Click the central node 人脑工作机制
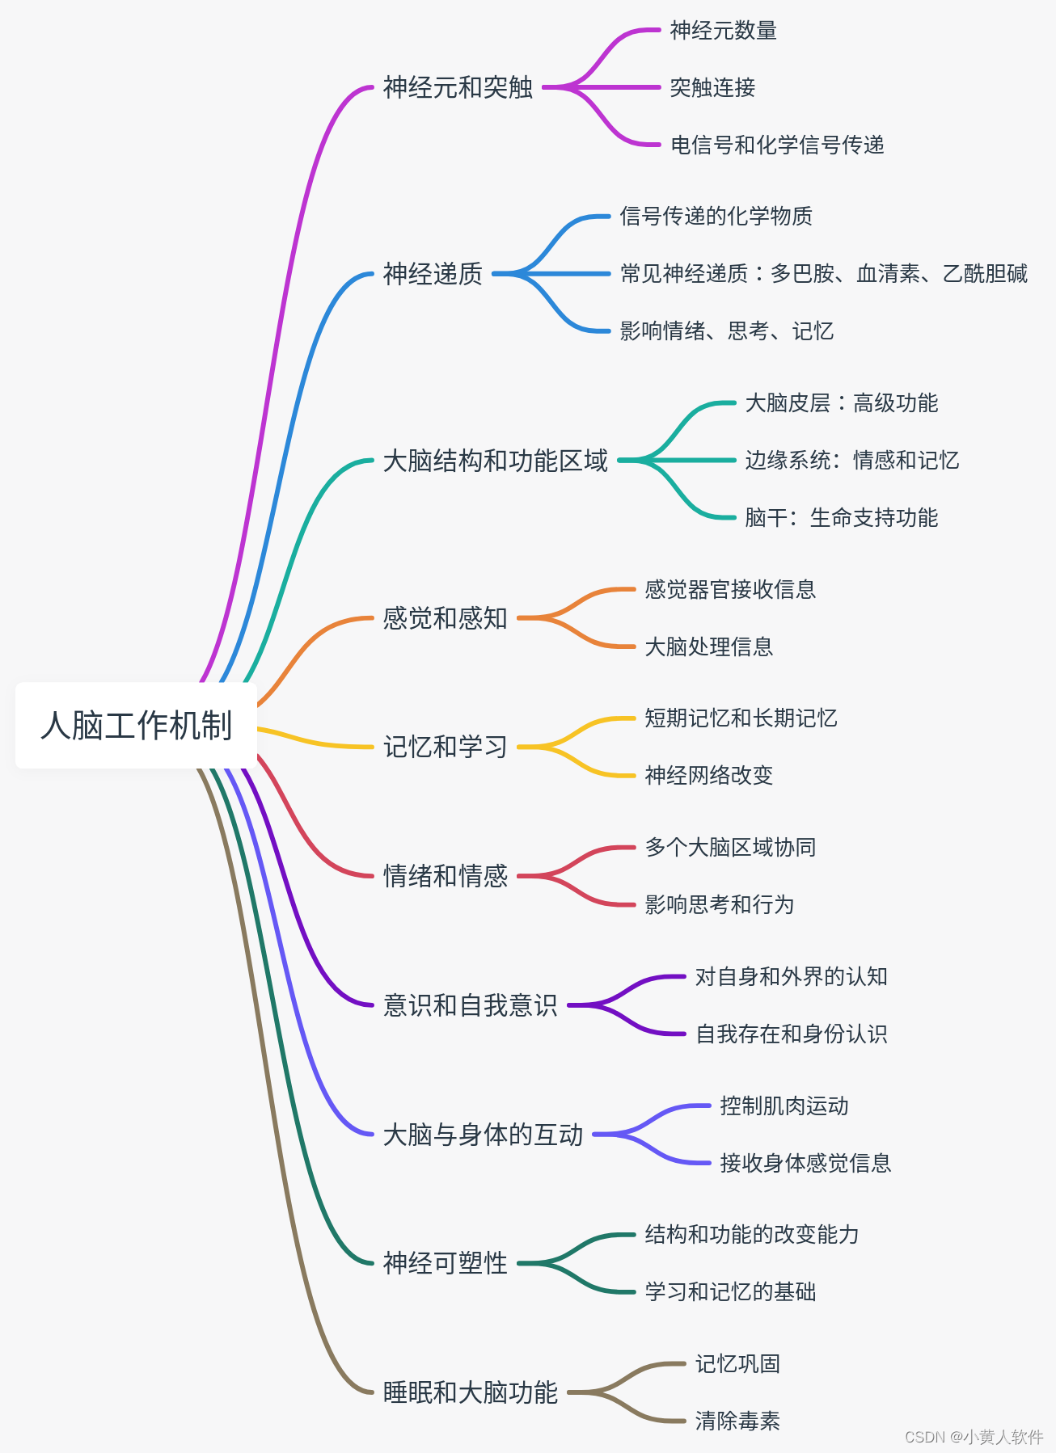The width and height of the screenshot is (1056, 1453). pyautogui.click(x=136, y=725)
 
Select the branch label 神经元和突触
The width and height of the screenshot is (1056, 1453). pyautogui.click(x=458, y=87)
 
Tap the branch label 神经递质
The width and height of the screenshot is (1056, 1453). pyautogui.click(x=433, y=274)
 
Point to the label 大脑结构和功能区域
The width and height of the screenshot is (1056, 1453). pyautogui.click(x=495, y=461)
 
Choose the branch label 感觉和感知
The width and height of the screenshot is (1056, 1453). pyautogui.click(x=445, y=618)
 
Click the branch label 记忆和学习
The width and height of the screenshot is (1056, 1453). pyautogui.click(x=445, y=747)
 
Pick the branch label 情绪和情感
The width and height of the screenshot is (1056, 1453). pyautogui.click(x=445, y=876)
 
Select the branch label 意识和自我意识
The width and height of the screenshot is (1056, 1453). pyautogui.click(x=470, y=1005)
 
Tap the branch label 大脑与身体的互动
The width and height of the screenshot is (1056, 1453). pyautogui.click(x=483, y=1135)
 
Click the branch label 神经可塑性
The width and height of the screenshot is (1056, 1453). pyautogui.click(x=445, y=1263)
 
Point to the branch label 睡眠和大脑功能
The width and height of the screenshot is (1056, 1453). pyautogui.click(x=470, y=1392)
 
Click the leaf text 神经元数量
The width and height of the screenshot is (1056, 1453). pyautogui.click(x=723, y=31)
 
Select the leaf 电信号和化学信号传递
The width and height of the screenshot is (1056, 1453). pyautogui.click(x=777, y=145)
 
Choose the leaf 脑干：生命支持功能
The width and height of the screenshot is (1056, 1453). pyautogui.click(x=841, y=518)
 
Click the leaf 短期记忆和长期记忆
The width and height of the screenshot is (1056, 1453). pyautogui.click(x=741, y=718)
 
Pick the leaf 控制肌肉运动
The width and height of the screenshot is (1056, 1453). pyautogui.click(x=784, y=1106)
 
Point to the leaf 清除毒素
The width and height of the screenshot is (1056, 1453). pyautogui.click(x=737, y=1421)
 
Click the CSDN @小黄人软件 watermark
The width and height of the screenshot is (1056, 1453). pyautogui.click(x=974, y=1436)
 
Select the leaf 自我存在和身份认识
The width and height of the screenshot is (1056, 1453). pyautogui.click(x=791, y=1034)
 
